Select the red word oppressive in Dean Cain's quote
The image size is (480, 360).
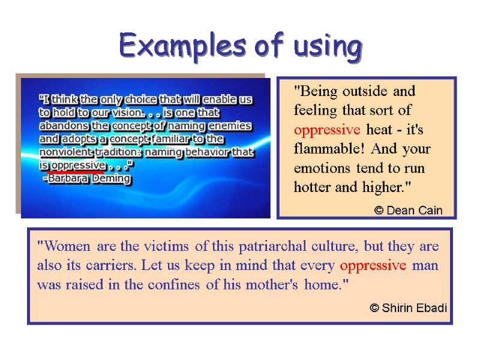point(327,130)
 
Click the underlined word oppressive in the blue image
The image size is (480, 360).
point(77,165)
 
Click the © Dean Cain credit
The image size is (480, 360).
point(408,210)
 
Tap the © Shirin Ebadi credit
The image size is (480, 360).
point(408,308)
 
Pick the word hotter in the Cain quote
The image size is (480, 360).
point(312,187)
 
